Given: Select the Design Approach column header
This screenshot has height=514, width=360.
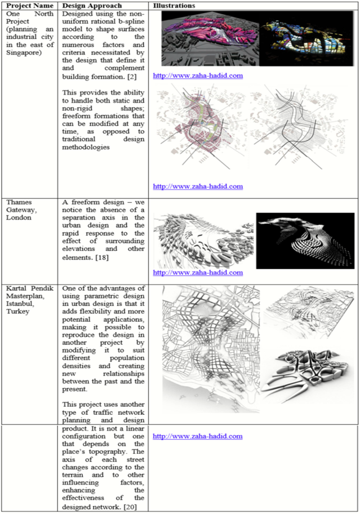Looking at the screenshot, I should click(91, 5).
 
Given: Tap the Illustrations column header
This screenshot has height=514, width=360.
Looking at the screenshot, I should click(174, 5).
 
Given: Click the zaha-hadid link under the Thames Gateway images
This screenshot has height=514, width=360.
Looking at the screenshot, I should click(198, 272).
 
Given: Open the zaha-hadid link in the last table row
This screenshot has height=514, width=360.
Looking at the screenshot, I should click(198, 436).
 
